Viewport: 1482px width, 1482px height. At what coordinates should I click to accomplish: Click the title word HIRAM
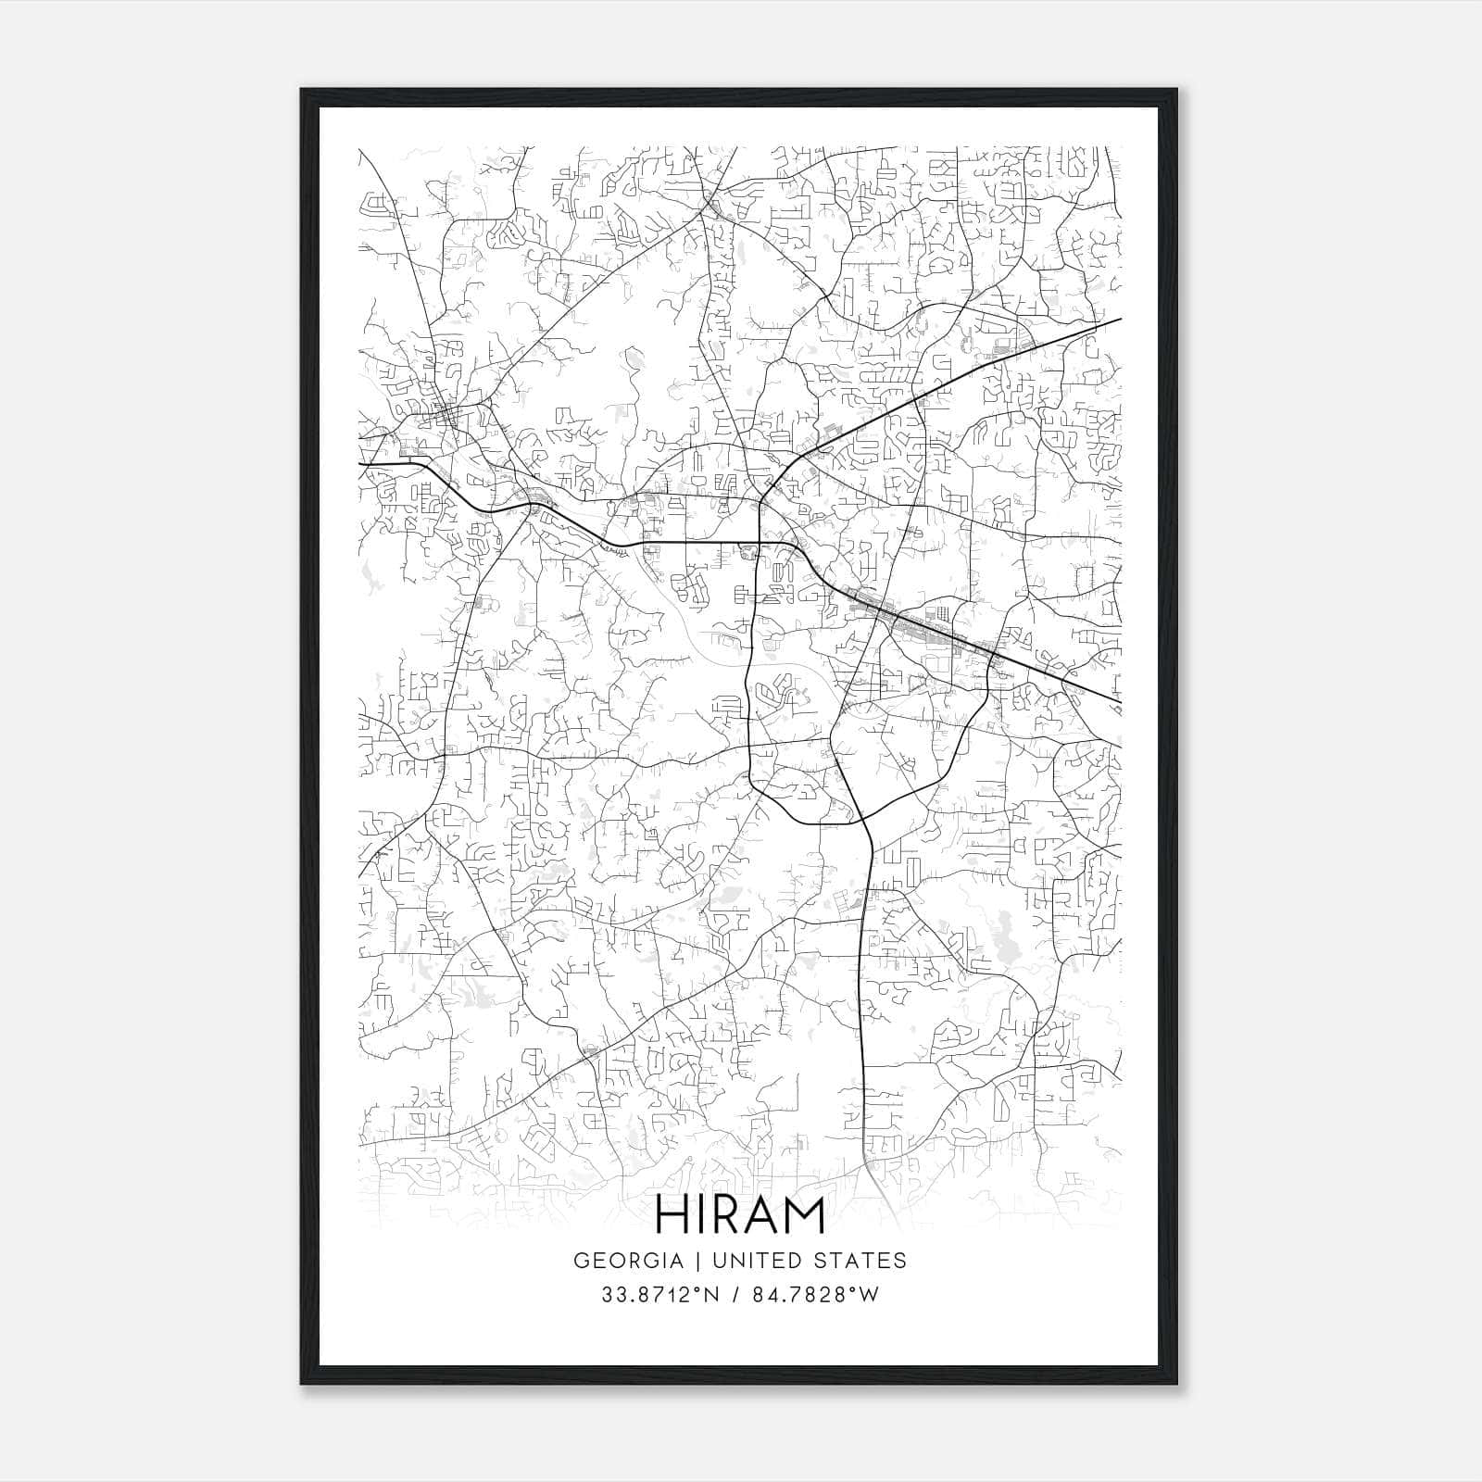tap(740, 1215)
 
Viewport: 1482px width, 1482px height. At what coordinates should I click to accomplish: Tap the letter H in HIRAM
tap(671, 1215)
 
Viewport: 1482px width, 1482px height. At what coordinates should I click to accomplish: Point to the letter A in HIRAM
tap(758, 1215)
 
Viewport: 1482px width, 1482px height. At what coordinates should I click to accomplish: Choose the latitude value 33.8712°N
tap(659, 1295)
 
